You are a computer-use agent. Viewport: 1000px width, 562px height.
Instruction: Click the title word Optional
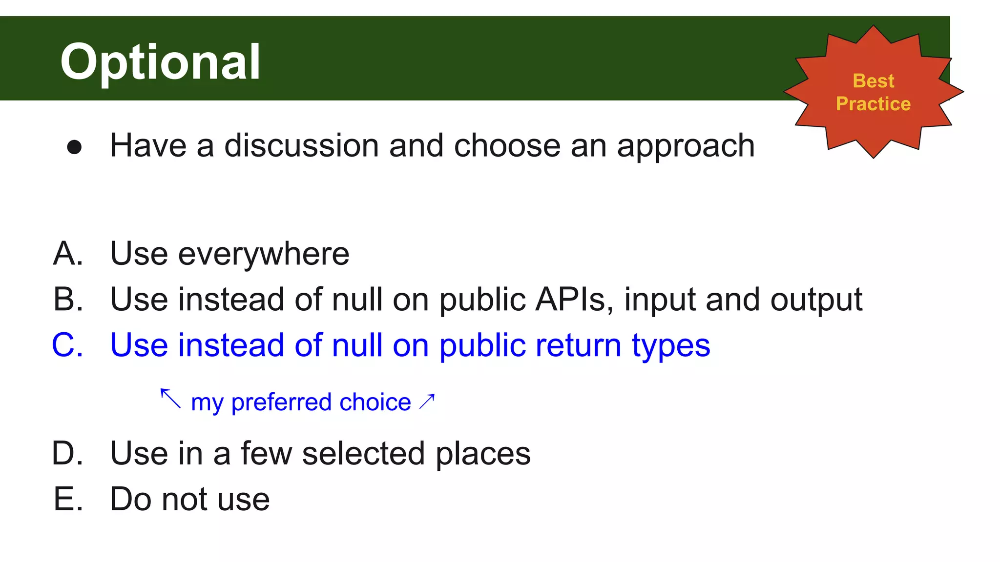(160, 62)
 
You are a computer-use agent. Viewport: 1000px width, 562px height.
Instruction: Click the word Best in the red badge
(873, 81)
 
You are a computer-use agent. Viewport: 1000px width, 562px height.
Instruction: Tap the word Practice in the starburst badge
(873, 104)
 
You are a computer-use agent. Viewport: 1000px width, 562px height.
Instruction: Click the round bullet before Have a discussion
(74, 147)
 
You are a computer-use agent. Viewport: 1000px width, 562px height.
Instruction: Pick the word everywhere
(264, 254)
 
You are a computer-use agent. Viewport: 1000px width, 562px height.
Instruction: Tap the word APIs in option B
(574, 299)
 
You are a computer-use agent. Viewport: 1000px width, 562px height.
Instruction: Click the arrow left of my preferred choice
(170, 398)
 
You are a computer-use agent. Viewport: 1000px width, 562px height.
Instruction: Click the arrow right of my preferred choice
(427, 401)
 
